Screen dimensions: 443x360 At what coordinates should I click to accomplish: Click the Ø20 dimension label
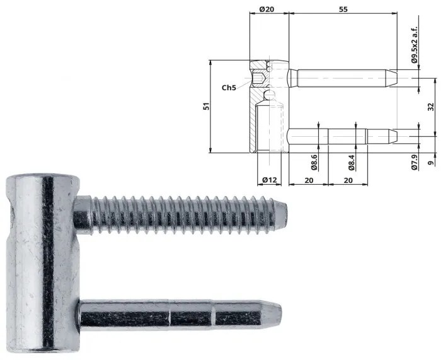point(266,9)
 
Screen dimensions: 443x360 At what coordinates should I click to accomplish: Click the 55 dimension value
point(343,9)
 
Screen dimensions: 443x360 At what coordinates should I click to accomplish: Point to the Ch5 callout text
point(229,88)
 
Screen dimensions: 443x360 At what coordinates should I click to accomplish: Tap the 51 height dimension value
point(207,107)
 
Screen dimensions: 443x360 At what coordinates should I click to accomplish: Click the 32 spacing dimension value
point(430,107)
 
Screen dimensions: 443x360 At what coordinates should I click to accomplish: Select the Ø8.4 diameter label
point(352,163)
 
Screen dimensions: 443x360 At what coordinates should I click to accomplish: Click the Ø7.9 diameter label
point(415,163)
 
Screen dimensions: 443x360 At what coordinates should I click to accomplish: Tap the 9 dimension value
point(430,163)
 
